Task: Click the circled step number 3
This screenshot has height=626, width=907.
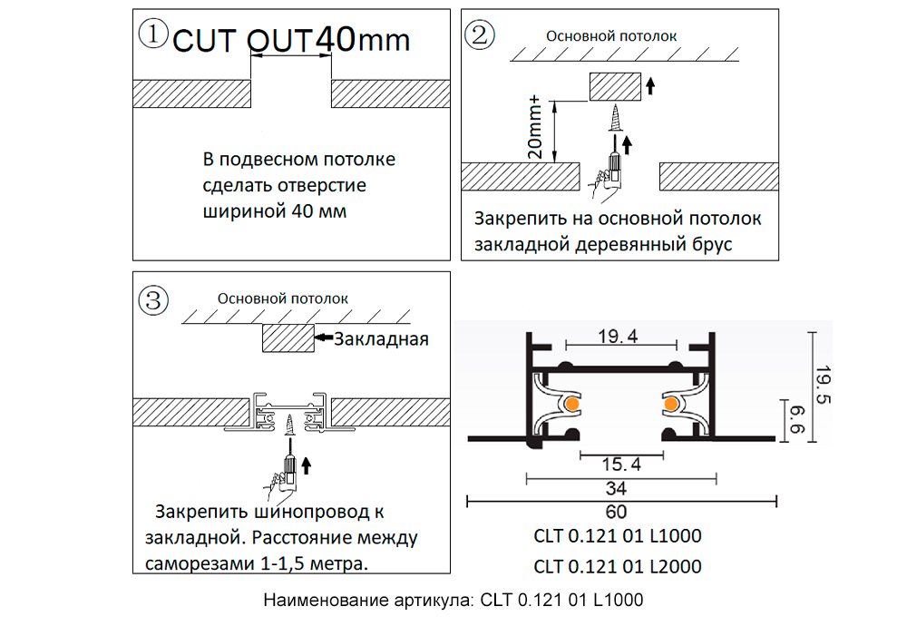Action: [x=152, y=298]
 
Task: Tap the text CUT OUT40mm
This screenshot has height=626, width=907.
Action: [x=290, y=40]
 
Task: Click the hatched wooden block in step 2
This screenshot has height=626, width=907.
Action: [x=615, y=88]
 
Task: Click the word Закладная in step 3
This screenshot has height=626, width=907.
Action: [x=380, y=340]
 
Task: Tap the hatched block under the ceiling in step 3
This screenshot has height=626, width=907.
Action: [x=288, y=338]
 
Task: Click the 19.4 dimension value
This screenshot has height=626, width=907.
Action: [x=619, y=337]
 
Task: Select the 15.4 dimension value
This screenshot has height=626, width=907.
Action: [x=621, y=465]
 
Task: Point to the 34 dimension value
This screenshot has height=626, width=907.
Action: [x=616, y=487]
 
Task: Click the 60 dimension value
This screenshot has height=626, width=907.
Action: [x=617, y=510]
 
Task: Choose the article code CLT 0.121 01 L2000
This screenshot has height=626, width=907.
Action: [x=617, y=567]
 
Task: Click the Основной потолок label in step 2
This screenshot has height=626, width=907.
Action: [x=610, y=36]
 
